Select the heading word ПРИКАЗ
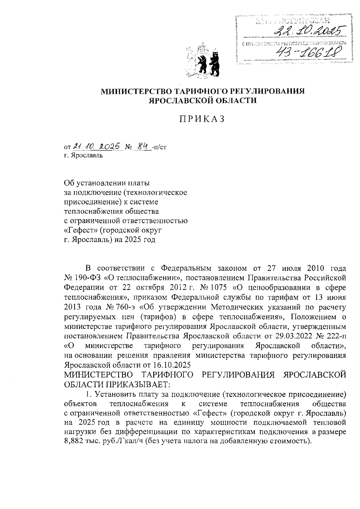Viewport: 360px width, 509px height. point(202,119)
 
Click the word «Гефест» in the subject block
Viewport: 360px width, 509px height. point(78,230)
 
